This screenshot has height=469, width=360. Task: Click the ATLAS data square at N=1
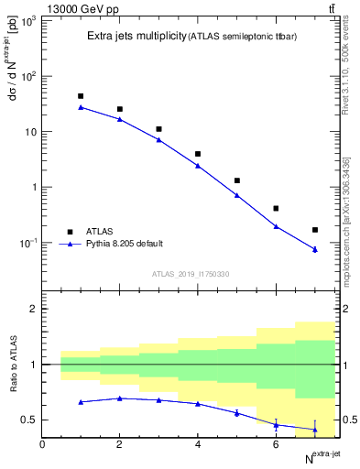[81, 96]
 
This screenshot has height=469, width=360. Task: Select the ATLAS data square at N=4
[198, 154]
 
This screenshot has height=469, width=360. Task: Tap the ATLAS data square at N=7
[315, 230]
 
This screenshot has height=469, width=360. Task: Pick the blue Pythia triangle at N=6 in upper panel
[276, 226]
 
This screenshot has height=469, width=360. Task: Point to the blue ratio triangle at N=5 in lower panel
[237, 413]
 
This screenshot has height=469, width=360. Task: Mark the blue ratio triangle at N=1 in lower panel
[81, 402]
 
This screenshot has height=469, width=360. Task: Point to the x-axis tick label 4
[198, 444]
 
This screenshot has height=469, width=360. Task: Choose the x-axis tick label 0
[42, 444]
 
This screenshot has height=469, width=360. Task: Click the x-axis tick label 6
[276, 444]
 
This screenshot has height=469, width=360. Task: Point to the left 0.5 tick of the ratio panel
[30, 420]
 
